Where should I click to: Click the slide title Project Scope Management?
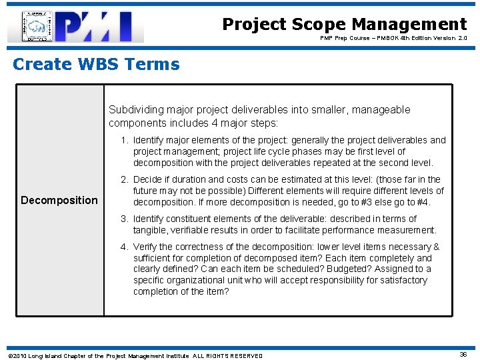point(344,25)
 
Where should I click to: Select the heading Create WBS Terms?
point(96,65)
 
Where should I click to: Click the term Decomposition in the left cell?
point(59,200)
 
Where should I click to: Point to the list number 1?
point(124,141)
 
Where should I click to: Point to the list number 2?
point(124,180)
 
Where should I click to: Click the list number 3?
point(124,219)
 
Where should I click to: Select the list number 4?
point(124,247)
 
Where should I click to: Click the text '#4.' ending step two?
point(423,203)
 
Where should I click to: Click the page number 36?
point(463,355)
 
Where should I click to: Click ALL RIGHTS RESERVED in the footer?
point(228,355)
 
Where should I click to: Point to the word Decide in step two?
point(149,180)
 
